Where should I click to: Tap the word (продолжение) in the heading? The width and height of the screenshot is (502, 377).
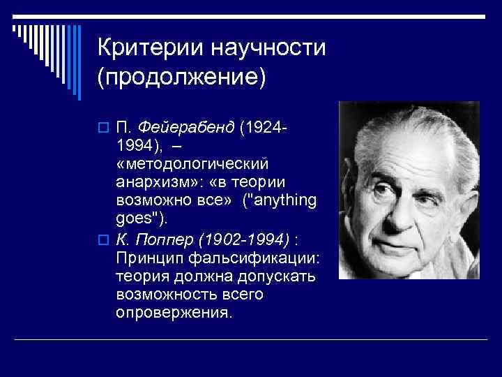pyautogui.click(x=182, y=78)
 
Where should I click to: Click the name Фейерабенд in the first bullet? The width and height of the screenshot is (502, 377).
pyautogui.click(x=186, y=128)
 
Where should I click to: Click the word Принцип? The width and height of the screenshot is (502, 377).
pyautogui.click(x=148, y=258)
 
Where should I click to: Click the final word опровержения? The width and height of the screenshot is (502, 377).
pyautogui.click(x=173, y=313)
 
